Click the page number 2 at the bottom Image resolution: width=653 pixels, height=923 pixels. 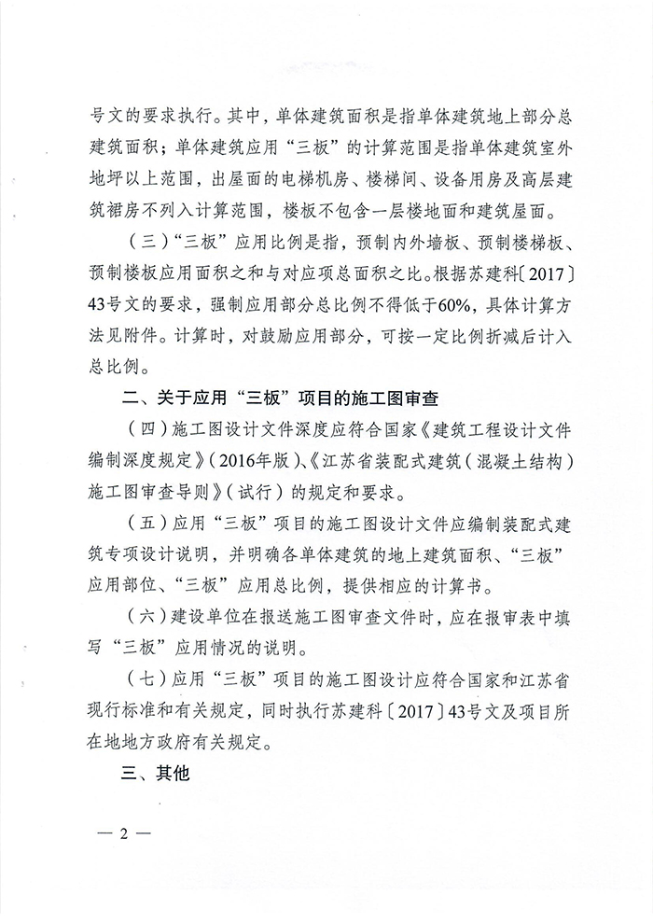point(121,832)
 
